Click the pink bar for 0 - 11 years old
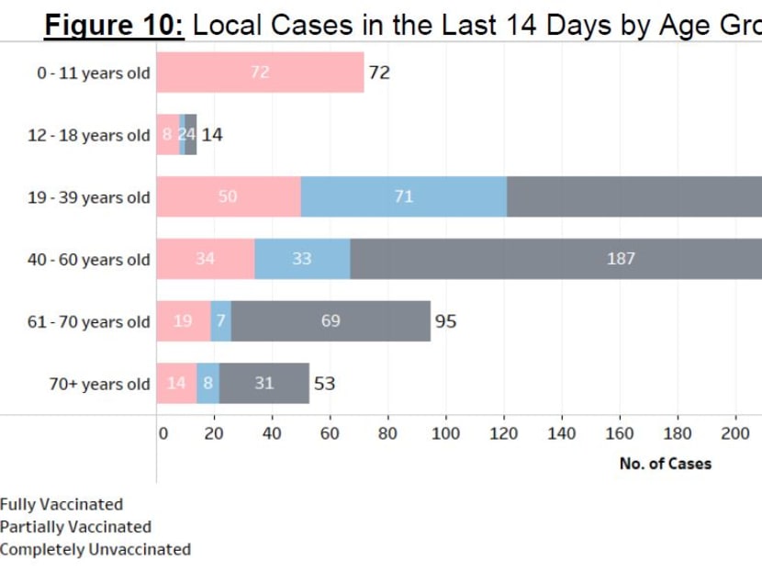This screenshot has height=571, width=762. point(260,73)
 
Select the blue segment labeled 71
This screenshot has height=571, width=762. point(404,196)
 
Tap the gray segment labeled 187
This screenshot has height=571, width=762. point(621,259)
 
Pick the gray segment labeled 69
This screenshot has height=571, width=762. point(331,321)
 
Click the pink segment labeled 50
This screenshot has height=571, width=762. point(228,196)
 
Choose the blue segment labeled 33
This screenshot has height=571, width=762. point(302,259)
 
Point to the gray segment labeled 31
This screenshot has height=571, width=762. point(264,384)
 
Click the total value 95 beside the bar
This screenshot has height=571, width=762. point(445,321)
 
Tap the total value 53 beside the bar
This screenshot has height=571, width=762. point(324,384)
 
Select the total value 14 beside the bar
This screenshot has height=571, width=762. point(212,135)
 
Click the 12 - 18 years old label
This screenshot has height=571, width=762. point(89,136)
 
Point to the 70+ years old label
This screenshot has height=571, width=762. point(99,385)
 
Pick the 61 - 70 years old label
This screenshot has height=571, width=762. point(89,322)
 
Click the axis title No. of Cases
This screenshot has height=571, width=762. point(665,464)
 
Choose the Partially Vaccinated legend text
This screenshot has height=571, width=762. point(75,527)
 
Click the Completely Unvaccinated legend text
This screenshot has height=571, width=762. point(95,550)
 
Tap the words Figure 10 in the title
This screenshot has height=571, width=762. point(116,25)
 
